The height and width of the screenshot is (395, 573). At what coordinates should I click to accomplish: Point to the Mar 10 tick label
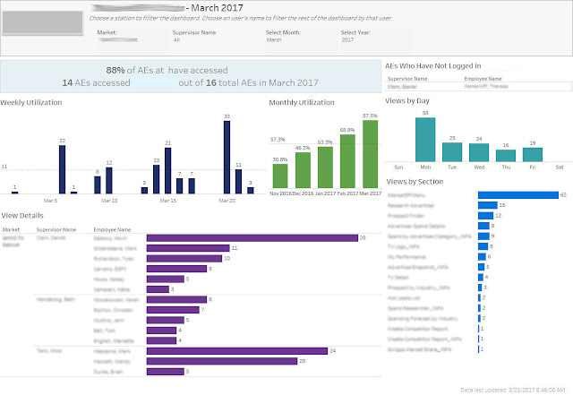pyautogui.click(x=109, y=200)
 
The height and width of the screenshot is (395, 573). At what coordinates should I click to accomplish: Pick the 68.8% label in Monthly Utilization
pyautogui.click(x=346, y=131)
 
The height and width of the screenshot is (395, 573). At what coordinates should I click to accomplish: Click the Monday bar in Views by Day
pyautogui.click(x=424, y=140)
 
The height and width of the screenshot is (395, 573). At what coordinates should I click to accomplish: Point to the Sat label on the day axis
pyautogui.click(x=560, y=167)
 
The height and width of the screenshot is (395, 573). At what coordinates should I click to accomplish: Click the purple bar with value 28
pyautogui.click(x=251, y=237)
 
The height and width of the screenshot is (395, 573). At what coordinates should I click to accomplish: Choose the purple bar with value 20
pyautogui.click(x=220, y=360)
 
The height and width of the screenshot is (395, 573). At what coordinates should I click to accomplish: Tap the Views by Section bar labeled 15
pyautogui.click(x=487, y=205)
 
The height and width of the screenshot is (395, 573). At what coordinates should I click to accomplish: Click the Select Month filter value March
pyautogui.click(x=276, y=39)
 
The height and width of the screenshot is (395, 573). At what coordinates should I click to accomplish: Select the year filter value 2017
pyautogui.click(x=347, y=39)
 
